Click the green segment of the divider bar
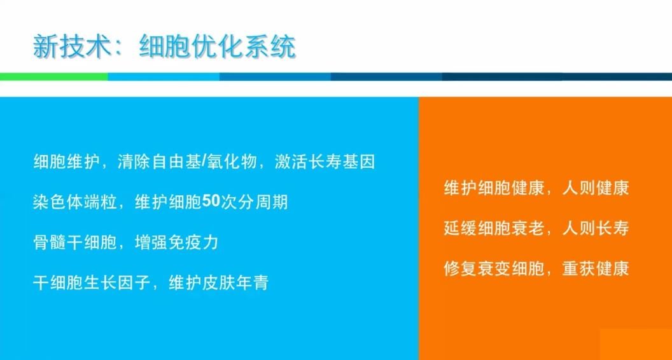pos(54,77)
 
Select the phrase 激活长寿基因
pos(325,163)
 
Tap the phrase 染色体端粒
pos(75,202)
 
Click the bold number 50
pos(211,202)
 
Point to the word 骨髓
pos(50,242)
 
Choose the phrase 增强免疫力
pos(177,242)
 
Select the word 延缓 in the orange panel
pos(460,228)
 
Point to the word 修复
pos(460,268)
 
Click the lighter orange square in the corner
pos(636,345)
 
